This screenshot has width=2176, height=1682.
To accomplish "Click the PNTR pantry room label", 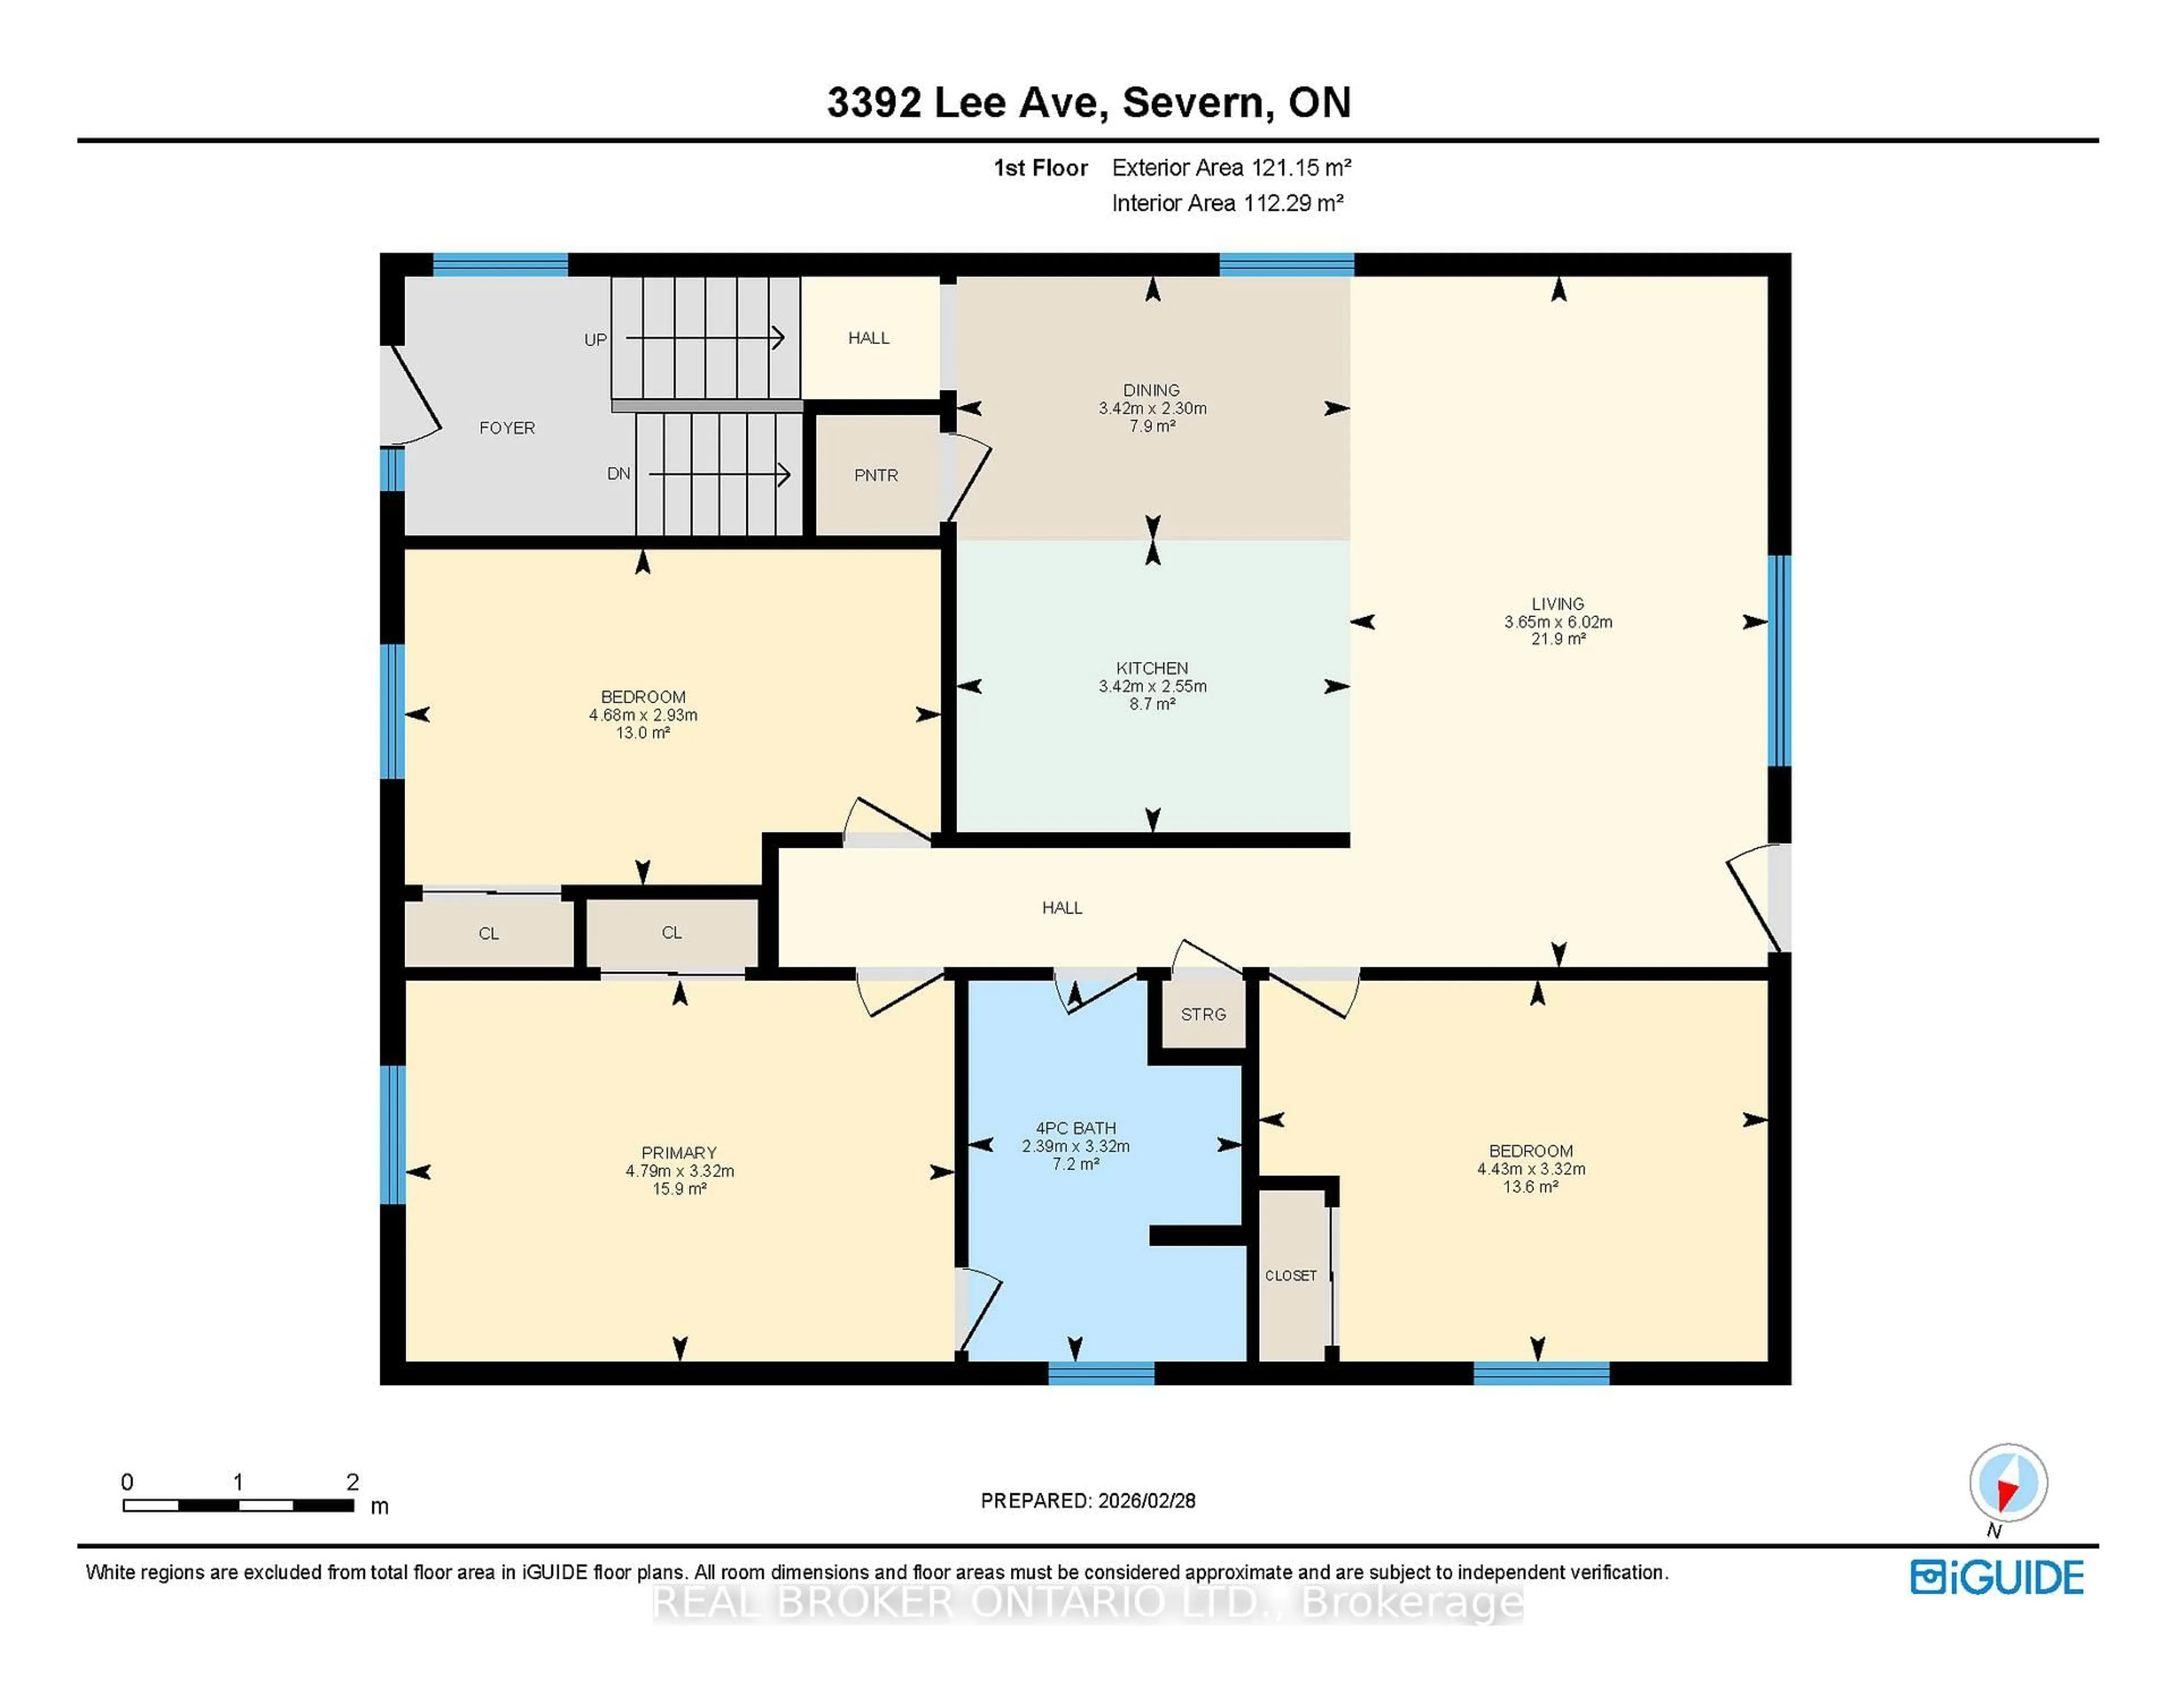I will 875,475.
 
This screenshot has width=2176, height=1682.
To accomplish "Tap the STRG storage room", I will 1202,1014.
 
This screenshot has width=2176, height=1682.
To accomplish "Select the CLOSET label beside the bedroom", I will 1290,1276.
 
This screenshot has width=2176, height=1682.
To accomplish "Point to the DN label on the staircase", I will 619,473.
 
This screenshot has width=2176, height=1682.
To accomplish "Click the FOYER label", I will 507,427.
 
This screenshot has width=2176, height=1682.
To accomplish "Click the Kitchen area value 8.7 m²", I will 1152,703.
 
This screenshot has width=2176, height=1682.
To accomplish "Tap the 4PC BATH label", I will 1075,1128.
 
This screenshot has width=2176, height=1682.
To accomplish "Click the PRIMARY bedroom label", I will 678,1153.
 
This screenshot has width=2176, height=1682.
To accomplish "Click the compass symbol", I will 2008,1482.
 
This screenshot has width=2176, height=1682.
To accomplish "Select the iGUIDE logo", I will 1997,1577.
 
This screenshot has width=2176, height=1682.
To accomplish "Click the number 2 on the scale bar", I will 352,1482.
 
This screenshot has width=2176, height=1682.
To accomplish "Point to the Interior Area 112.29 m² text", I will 1227,203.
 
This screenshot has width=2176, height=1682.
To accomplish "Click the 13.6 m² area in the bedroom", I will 1531,1187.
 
